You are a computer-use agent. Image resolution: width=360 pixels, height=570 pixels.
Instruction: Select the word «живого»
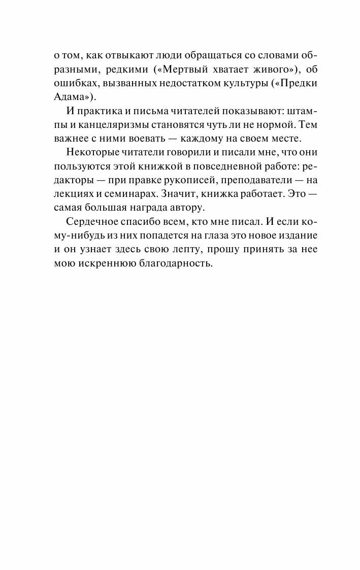point(258,69)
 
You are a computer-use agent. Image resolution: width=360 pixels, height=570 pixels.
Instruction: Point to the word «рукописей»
point(203,180)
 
